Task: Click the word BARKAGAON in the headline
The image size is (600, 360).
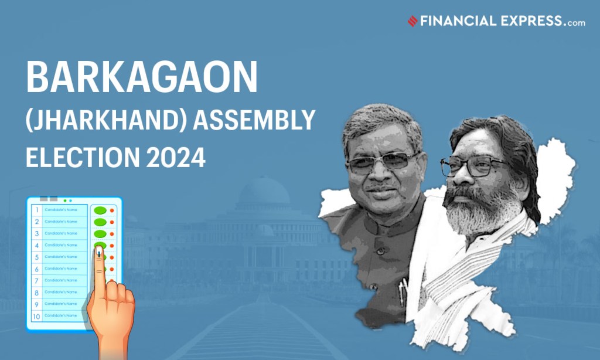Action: (x=142, y=77)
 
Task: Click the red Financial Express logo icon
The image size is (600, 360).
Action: (x=412, y=21)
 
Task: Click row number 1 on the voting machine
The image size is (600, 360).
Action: (x=36, y=210)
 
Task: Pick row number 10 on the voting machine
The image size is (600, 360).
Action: (x=36, y=316)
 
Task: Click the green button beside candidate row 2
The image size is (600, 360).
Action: (x=100, y=222)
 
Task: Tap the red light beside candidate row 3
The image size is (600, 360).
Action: (x=112, y=233)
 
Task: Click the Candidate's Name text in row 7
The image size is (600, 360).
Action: (x=61, y=280)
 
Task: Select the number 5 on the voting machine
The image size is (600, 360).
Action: (x=36, y=257)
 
